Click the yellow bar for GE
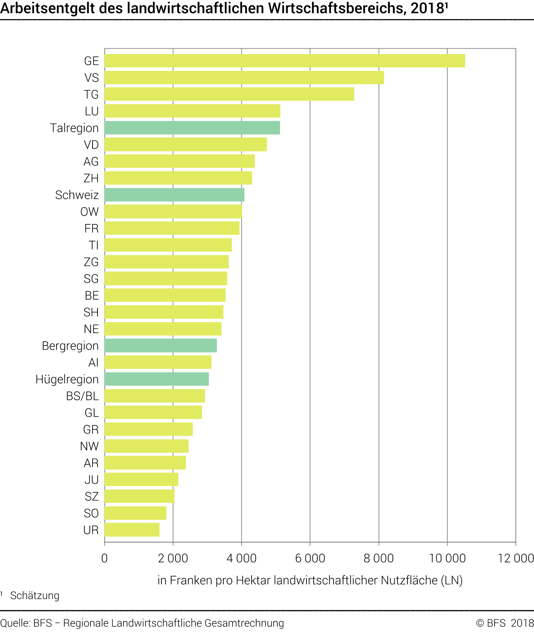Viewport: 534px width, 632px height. point(285,61)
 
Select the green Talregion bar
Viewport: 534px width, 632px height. point(192,128)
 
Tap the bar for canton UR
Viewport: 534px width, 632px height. point(132,530)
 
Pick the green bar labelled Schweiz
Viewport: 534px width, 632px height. point(174,195)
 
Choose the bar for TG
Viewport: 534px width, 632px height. point(229,94)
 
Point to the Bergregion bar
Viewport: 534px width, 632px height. point(161,345)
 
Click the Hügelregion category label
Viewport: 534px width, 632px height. point(67,379)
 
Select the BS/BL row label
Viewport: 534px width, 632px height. point(82,396)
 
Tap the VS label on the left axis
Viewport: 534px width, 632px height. point(91,78)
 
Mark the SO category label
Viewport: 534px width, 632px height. point(91,513)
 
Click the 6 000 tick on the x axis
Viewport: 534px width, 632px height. point(310,558)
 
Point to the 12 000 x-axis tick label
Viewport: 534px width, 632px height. point(515,558)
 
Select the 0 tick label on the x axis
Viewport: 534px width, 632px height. point(104,558)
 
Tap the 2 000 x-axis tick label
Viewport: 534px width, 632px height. point(173,558)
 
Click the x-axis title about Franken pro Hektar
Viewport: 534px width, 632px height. point(310,580)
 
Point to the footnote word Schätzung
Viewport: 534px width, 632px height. point(35,596)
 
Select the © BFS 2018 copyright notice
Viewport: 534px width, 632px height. point(505,623)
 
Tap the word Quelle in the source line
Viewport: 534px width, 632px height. point(15,623)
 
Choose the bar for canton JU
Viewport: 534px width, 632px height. point(141,480)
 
